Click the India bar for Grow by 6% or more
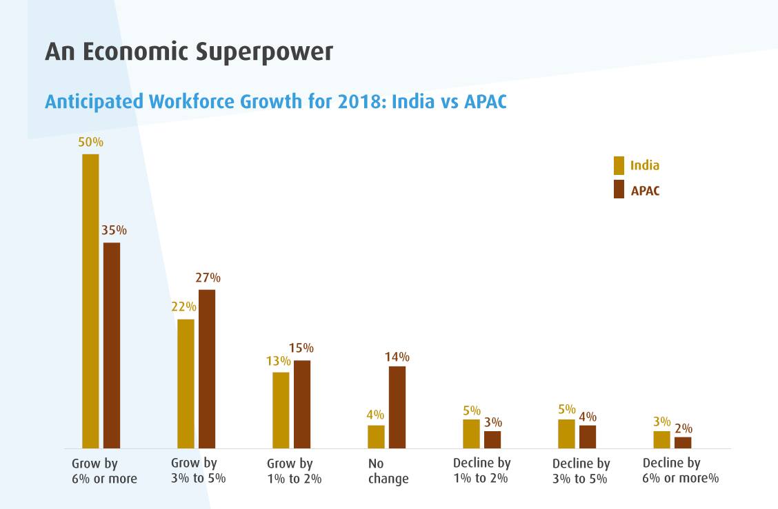coord(90,301)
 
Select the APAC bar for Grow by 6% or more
coord(112,345)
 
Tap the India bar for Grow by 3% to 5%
coord(186,384)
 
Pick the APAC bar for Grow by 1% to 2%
coord(302,404)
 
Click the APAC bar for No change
coord(397,407)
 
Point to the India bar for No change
coord(376,437)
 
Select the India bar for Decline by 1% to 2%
coord(471,434)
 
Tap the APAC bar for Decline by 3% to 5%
coord(588,437)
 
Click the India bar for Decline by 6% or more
coord(661,439)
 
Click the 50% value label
coord(90,143)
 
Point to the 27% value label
coord(207,278)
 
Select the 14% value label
coord(397,357)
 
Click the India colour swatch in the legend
coord(619,165)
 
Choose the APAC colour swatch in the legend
coord(619,189)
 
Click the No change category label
coord(388,471)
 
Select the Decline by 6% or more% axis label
coord(680,470)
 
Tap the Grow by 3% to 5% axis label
coord(198,470)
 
